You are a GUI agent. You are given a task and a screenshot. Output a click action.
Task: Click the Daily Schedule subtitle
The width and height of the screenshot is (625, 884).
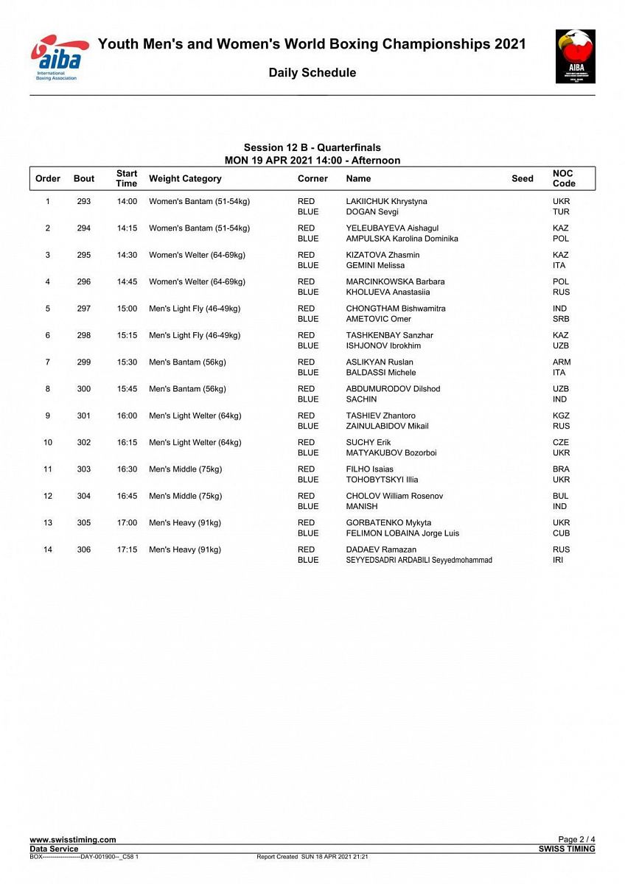point(312,72)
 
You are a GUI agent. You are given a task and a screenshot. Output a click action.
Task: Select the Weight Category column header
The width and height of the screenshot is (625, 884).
point(185,178)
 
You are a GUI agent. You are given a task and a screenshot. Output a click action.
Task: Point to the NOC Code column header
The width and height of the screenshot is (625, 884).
point(564,178)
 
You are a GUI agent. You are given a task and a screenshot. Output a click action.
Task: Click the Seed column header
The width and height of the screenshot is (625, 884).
point(522,178)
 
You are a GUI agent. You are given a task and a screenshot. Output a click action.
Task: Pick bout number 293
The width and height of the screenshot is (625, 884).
point(84,201)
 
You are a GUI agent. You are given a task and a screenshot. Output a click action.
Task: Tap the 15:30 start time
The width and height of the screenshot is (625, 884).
point(127,362)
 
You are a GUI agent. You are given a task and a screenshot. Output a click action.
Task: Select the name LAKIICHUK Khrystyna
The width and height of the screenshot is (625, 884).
point(386,201)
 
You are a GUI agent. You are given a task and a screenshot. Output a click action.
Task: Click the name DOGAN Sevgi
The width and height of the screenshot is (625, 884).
point(372,212)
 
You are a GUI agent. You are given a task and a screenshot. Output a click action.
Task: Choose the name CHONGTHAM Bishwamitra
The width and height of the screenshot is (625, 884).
point(396,309)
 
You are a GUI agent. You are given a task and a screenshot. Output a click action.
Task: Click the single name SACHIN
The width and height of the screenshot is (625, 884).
point(362,399)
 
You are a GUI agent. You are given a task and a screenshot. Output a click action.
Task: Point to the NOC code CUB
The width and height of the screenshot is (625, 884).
point(561,533)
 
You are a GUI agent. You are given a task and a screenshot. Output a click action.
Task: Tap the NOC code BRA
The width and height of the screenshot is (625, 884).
point(561,469)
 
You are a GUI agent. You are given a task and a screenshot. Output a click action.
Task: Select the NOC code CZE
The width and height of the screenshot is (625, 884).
point(561,443)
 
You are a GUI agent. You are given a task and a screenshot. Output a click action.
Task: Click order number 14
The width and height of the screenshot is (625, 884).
point(48,550)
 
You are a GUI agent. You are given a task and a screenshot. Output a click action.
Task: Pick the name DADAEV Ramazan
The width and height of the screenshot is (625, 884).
point(381,550)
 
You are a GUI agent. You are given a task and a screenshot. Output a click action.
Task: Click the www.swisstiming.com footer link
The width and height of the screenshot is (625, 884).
point(73,840)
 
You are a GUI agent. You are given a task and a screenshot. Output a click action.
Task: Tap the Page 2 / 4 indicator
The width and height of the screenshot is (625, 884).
point(576,840)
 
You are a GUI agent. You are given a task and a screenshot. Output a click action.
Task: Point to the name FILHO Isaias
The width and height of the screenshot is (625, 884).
point(370,469)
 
